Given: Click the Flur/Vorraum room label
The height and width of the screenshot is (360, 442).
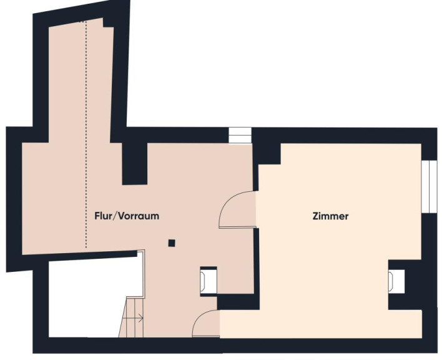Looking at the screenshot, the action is pyautogui.click(x=127, y=216).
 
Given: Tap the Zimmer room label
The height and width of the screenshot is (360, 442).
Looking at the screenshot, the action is pyautogui.click(x=330, y=216).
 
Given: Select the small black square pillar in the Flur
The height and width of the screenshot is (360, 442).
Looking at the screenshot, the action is pyautogui.click(x=172, y=243).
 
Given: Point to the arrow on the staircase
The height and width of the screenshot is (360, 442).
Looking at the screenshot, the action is pyautogui.click(x=133, y=319).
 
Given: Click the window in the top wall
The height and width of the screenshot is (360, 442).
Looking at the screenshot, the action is pyautogui.click(x=240, y=136).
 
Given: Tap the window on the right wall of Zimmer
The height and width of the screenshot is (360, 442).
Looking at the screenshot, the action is pyautogui.click(x=429, y=186).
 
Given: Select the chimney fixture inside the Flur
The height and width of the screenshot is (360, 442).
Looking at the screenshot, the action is pyautogui.click(x=209, y=281).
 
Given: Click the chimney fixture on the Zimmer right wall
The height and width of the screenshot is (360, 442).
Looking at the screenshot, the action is pyautogui.click(x=396, y=281).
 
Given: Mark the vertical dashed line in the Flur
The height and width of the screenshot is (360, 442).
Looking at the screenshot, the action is pyautogui.click(x=86, y=134).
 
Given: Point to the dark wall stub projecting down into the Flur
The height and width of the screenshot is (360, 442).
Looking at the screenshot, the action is pyautogui.click(x=134, y=164).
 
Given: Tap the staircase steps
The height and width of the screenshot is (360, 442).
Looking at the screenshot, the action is pyautogui.click(x=131, y=317).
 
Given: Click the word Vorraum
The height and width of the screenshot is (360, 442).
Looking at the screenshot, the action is pyautogui.click(x=139, y=216).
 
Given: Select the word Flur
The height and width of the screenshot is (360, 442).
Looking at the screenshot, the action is pyautogui.click(x=103, y=216).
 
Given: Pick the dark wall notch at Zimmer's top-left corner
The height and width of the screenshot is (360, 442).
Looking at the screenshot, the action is pyautogui.click(x=269, y=154).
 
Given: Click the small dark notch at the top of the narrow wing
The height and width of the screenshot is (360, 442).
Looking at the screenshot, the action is pyautogui.click(x=108, y=22).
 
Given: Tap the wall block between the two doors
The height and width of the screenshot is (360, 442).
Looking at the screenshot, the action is pyautogui.click(x=238, y=302).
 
